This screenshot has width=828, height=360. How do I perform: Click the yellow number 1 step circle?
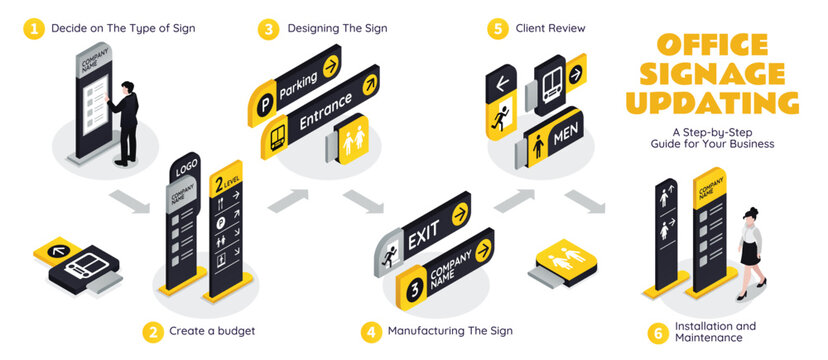(x=35, y=29)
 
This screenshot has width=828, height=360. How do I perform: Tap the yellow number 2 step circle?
(x=153, y=330)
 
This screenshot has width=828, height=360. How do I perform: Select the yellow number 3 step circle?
(x=267, y=29)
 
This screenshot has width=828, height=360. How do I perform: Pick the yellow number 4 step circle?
(x=371, y=330)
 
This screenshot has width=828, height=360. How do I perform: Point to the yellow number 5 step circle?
(x=497, y=29)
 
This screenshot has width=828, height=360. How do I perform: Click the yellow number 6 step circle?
(x=656, y=332)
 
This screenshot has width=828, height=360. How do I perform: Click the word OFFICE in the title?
(x=712, y=47)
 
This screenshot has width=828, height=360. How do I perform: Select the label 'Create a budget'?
(x=213, y=330)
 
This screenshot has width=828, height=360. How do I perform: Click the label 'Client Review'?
(x=551, y=29)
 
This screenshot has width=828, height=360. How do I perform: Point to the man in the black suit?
(x=125, y=122)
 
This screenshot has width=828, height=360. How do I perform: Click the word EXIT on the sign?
(x=424, y=237)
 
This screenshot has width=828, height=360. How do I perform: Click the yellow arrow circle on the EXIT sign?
(x=460, y=213)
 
